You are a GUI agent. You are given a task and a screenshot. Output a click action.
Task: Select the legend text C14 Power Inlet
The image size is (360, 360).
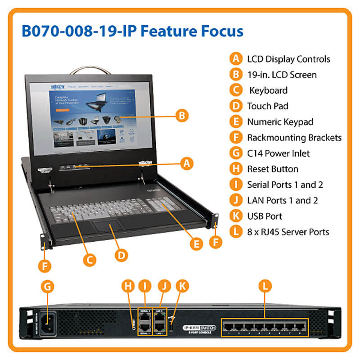(278, 153)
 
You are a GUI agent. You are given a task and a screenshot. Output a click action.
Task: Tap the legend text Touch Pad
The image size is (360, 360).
(267, 106)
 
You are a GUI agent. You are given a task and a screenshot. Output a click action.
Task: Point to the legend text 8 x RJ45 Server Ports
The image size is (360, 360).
(288, 232)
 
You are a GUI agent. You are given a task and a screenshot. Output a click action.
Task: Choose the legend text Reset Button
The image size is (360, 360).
(272, 169)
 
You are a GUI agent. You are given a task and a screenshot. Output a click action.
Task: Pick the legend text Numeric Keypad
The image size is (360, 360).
(280, 121)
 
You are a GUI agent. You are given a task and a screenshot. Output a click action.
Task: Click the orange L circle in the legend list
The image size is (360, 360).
(235, 232)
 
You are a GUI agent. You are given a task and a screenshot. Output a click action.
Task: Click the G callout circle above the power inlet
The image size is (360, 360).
(48, 287)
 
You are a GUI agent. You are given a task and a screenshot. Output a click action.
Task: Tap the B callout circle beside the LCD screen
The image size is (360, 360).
(180, 116)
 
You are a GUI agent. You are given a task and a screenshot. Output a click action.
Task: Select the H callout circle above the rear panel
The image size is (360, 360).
(129, 286)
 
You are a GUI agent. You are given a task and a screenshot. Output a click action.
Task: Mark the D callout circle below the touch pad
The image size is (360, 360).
(121, 255)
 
